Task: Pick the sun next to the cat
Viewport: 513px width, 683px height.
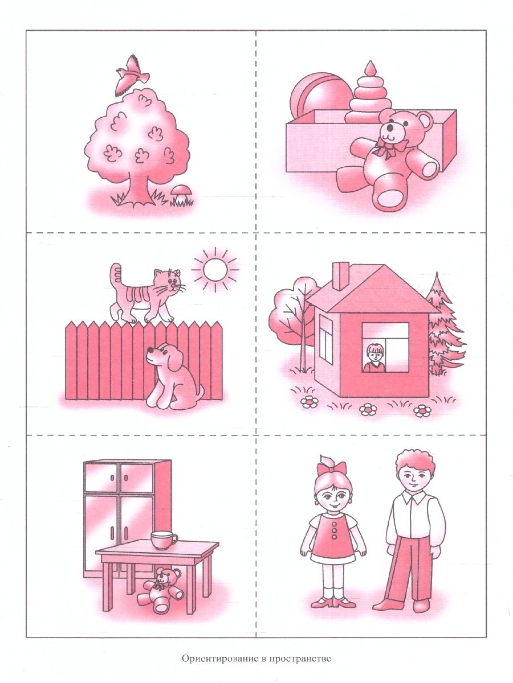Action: coord(215,269)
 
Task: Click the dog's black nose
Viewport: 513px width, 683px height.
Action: coord(149,349)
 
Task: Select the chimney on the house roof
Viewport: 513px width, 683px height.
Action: coord(341,276)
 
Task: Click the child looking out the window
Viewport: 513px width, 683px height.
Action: coord(374,357)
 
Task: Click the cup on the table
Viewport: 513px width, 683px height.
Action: coord(164,540)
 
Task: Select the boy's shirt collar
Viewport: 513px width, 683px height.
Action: coord(414,497)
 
